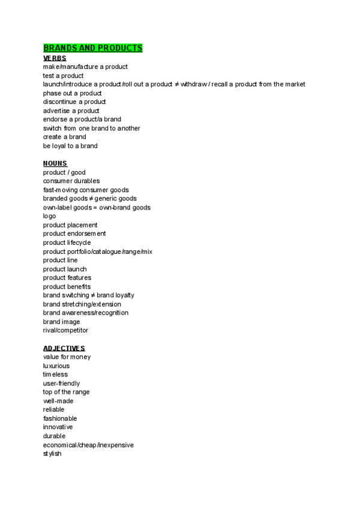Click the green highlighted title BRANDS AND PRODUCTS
92,48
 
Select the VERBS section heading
55,58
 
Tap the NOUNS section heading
55,163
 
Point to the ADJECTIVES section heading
64,348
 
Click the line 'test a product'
63,76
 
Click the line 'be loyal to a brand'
70,146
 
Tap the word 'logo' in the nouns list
50,216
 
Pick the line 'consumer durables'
71,181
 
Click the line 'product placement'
70,225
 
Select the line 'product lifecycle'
67,242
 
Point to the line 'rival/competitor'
65,330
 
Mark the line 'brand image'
61,322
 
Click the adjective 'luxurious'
56,366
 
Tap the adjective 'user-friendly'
61,383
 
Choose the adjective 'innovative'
58,427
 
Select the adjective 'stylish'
52,453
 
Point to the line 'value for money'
67,357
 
